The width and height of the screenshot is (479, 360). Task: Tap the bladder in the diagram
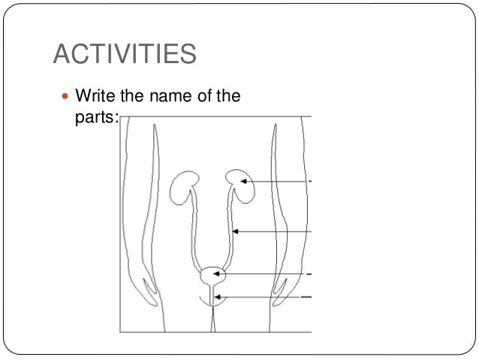212,275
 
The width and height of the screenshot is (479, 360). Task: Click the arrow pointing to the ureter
274,231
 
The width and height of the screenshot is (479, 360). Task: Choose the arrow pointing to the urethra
263,298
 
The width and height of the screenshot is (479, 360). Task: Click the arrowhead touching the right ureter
236,231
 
